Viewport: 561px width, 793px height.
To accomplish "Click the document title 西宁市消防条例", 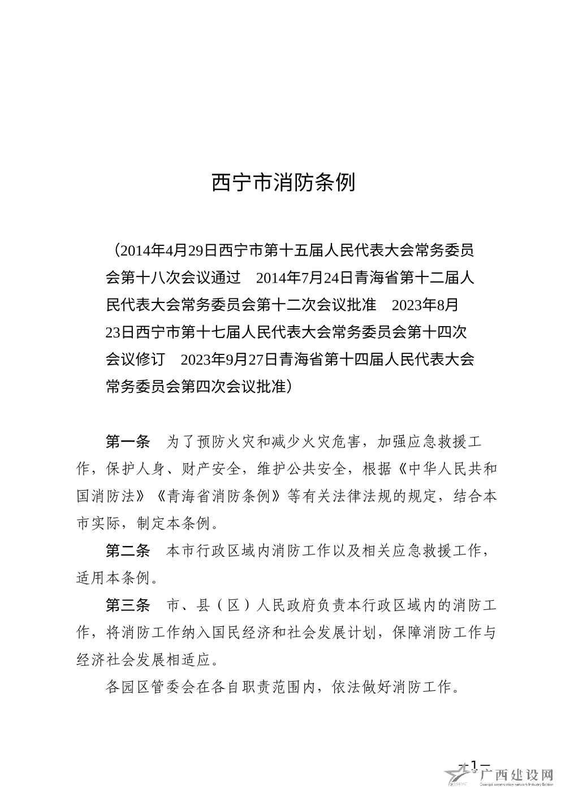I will tap(283, 183).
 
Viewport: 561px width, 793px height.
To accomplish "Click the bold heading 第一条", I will tap(127, 441).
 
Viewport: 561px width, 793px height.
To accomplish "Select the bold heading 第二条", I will tap(127, 550).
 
